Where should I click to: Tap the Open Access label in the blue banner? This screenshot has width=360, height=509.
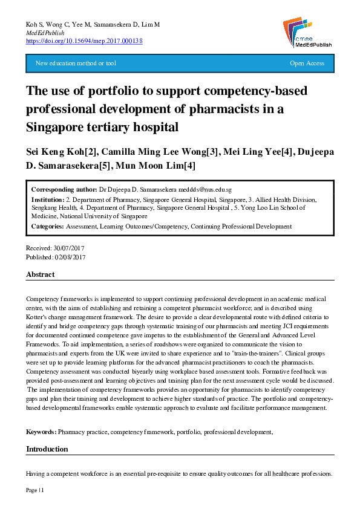click(x=307, y=63)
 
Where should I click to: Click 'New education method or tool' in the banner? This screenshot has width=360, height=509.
click(x=76, y=63)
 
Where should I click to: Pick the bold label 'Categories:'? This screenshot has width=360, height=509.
click(x=47, y=227)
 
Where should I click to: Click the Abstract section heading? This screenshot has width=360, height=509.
click(x=41, y=274)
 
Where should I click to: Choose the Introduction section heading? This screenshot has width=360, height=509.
click(x=47, y=449)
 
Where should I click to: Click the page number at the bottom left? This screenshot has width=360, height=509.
click(x=34, y=489)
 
